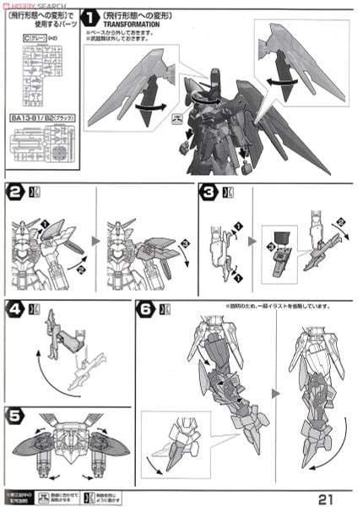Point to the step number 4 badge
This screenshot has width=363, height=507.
[x=14, y=310]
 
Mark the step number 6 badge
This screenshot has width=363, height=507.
[x=145, y=310]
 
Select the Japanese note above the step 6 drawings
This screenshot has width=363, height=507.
[x=274, y=304]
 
